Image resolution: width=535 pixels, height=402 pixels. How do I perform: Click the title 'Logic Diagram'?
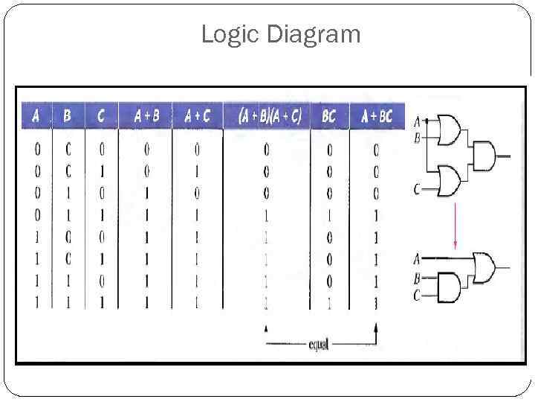click(x=280, y=34)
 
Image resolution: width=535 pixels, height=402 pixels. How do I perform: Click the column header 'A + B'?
click(x=146, y=116)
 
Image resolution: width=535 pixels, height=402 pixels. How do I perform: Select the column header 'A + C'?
click(x=197, y=116)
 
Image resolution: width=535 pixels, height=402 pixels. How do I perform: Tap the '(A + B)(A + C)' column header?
click(x=269, y=116)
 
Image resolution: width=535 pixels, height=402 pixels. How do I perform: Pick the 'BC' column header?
click(x=328, y=116)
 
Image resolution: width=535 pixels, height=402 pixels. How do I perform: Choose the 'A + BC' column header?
click(x=377, y=116)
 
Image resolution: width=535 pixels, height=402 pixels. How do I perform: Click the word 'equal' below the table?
click(x=319, y=344)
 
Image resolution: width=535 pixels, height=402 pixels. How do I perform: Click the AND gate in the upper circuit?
click(x=484, y=156)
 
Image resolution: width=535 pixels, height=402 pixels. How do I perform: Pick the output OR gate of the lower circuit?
click(x=484, y=266)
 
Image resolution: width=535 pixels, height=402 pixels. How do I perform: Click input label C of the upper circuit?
click(x=417, y=190)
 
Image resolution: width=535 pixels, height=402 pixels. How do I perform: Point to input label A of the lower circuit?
click(x=417, y=259)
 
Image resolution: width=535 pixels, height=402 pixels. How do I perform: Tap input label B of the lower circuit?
click(x=417, y=278)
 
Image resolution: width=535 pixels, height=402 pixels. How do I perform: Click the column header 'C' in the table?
click(x=101, y=116)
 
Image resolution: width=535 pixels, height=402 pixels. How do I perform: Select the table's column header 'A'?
click(x=36, y=116)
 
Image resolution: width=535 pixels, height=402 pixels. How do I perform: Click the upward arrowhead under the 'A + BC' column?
click(x=377, y=328)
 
